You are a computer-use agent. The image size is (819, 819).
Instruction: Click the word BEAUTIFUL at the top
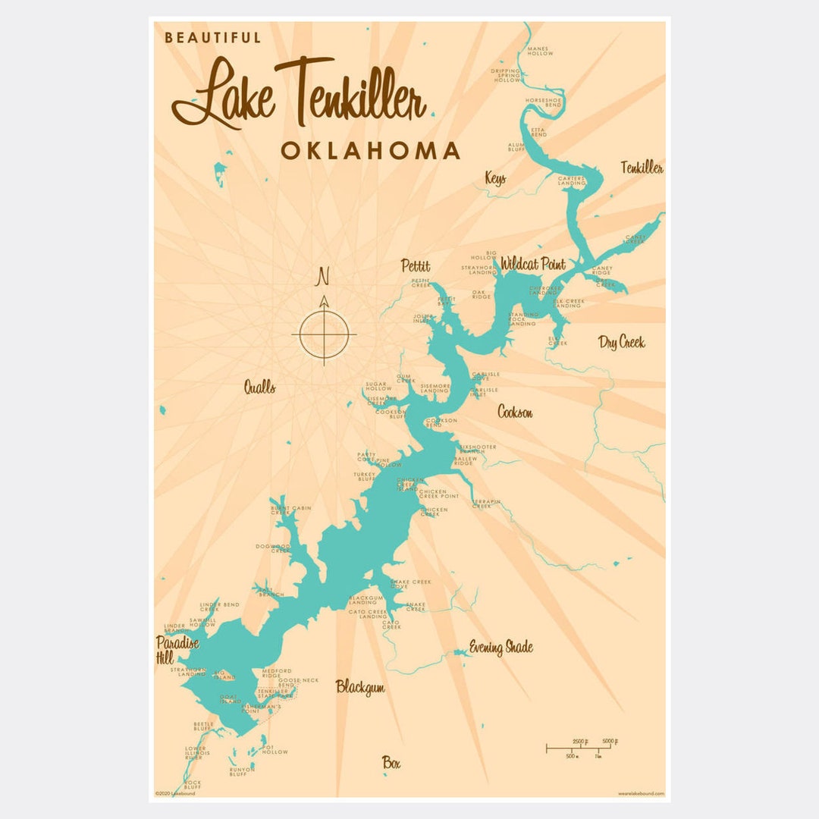[x=212, y=37]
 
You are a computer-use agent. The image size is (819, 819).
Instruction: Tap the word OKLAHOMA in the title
[x=370, y=150]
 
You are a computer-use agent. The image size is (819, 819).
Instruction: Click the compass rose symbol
[x=324, y=334]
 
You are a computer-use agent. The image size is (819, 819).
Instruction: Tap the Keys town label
[x=495, y=179]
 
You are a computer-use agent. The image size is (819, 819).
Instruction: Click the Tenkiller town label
[x=642, y=168]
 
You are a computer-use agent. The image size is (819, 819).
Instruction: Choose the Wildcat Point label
[x=532, y=265]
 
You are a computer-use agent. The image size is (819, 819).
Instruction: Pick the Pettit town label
[x=416, y=266]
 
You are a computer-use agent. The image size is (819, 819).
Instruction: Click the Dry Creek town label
[x=621, y=342]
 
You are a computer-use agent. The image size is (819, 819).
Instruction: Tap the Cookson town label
[x=515, y=412]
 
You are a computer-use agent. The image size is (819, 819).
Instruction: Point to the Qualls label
[x=259, y=388]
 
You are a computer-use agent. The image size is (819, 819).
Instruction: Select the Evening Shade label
[x=500, y=647]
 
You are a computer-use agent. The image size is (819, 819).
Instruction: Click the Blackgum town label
[x=360, y=687]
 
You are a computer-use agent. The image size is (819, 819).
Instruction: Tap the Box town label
[x=391, y=763]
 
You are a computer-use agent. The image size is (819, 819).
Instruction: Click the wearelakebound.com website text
[x=640, y=793]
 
